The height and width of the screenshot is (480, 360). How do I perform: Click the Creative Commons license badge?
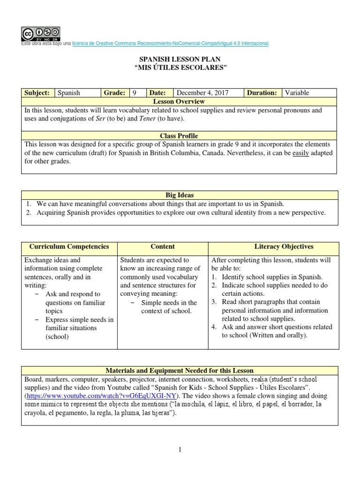pos(40,33)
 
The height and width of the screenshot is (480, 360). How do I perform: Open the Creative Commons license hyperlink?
pos(171,44)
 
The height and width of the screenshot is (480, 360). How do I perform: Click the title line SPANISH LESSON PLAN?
pos(180,60)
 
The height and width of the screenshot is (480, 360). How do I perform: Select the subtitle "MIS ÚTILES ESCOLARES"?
pos(180,68)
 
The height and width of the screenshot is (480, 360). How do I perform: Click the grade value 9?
pos(134,93)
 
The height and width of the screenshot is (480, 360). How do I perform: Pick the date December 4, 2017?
pos(202,93)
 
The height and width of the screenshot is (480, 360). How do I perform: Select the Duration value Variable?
pos(297,93)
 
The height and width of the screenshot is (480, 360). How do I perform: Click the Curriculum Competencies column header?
pos(69,247)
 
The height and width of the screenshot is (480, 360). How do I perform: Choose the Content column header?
pos(163,247)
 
